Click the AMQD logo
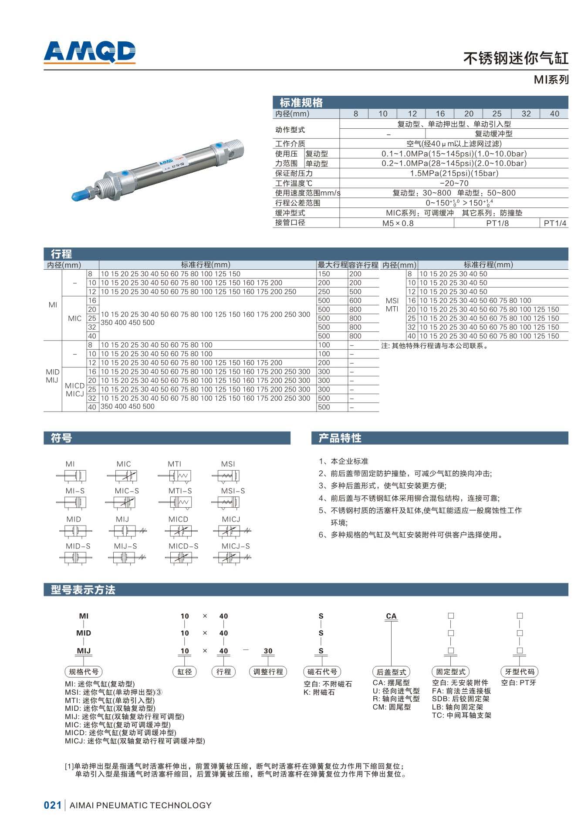90,52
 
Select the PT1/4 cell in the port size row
555,223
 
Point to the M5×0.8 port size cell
397,223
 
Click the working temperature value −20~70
454,183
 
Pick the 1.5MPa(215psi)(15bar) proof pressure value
454,173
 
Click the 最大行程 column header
332,264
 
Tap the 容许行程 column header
363,264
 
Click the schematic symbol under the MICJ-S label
232,557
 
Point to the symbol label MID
74,519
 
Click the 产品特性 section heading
340,438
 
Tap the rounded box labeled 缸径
185,672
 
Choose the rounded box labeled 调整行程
268,672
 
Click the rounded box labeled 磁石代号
322,672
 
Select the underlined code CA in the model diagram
391,616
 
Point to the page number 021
53,805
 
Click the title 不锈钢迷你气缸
515,58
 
